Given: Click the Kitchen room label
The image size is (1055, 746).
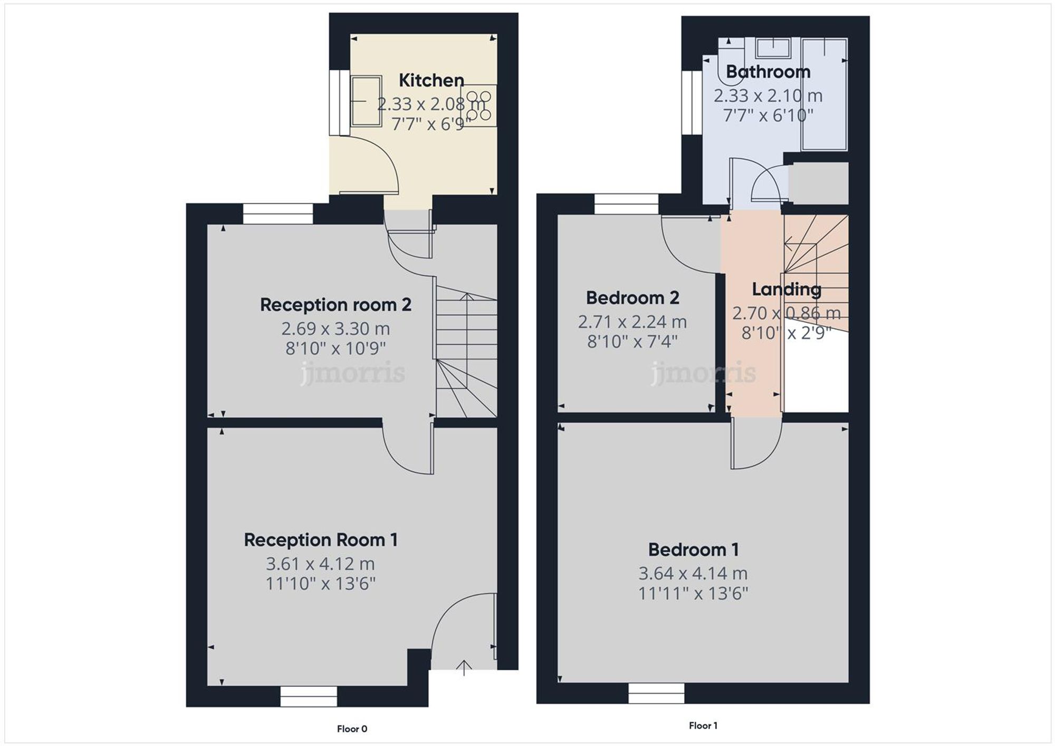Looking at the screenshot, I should click(x=431, y=80).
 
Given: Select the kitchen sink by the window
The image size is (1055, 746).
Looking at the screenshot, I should click(x=366, y=101).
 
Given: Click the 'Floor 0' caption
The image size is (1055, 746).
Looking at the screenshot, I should click(x=352, y=729).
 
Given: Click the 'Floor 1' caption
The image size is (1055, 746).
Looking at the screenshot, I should click(x=703, y=725).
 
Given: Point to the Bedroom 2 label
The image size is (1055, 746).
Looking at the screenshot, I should click(x=632, y=298).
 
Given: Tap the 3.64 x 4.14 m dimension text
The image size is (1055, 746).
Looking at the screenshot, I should click(x=693, y=573).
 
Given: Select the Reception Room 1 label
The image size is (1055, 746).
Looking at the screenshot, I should click(x=320, y=540).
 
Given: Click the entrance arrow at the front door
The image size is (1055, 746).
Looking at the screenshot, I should click(x=464, y=668).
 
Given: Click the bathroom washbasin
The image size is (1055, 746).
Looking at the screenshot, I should click(x=773, y=48).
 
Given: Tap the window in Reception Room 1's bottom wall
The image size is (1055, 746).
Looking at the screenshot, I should click(x=309, y=696).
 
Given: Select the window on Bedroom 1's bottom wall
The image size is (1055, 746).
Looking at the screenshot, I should click(x=656, y=693).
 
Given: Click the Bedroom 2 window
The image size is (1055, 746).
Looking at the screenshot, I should click(x=626, y=204).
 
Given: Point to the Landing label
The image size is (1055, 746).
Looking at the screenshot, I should click(x=786, y=289).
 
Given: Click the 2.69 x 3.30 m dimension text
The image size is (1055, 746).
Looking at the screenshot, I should click(x=335, y=328).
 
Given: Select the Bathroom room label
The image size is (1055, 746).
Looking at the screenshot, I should click(x=768, y=72).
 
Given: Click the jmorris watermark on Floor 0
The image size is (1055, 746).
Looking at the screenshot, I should click(x=352, y=374).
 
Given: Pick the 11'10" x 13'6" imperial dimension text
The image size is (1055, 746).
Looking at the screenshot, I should click(x=320, y=584).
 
